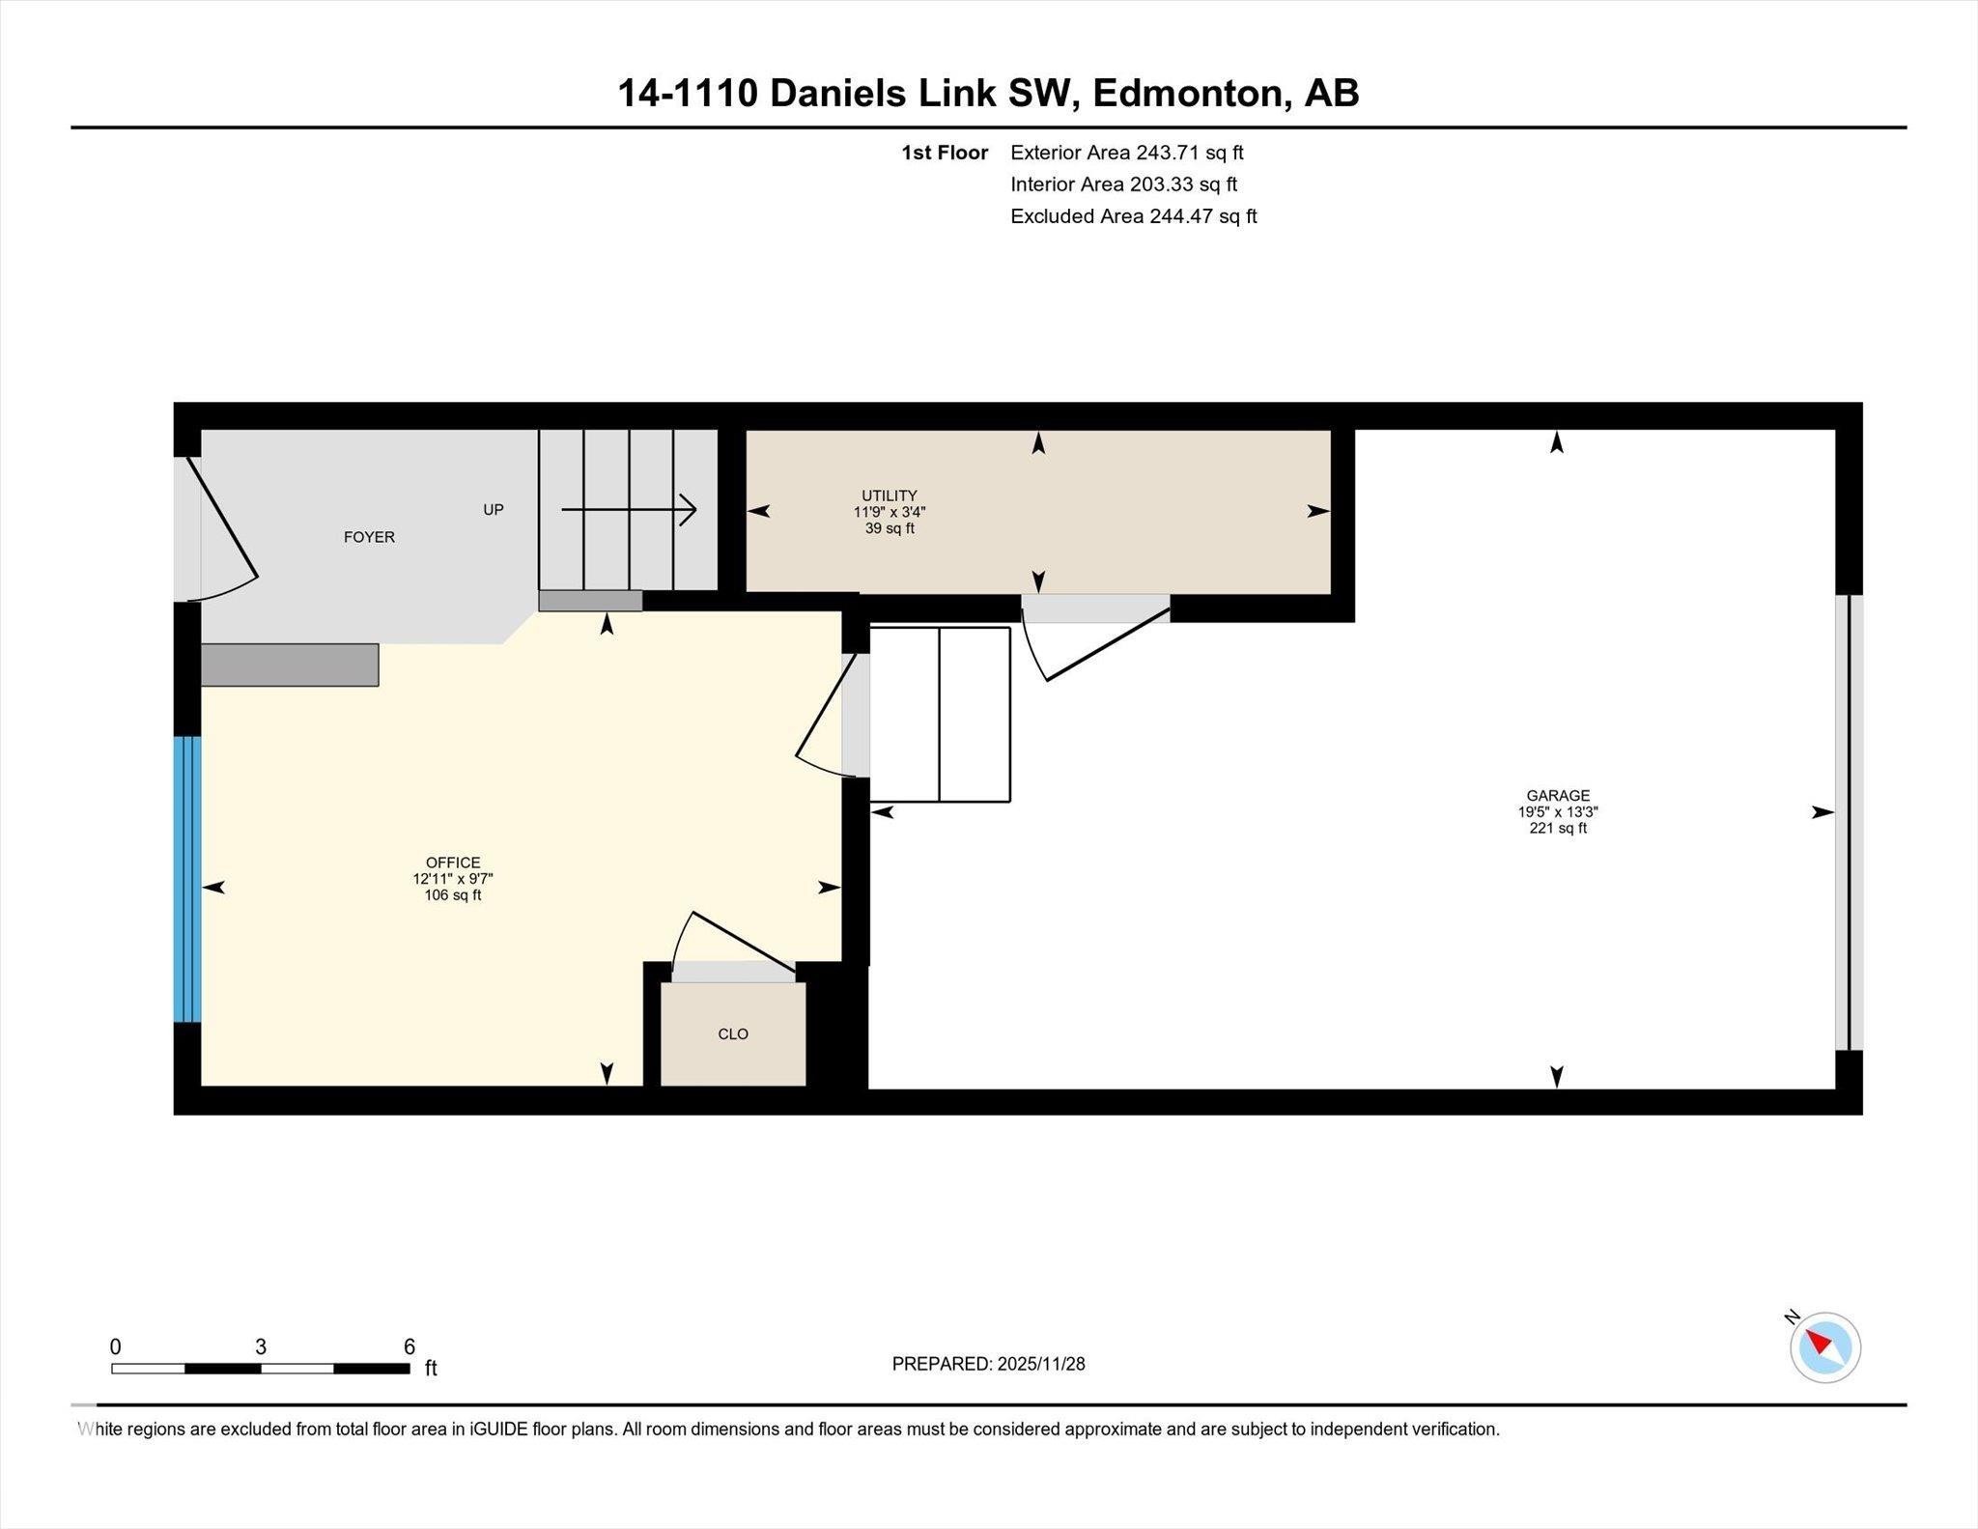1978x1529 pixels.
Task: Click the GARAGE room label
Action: pyautogui.click(x=1557, y=796)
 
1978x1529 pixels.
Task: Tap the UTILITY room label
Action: pyautogui.click(x=889, y=496)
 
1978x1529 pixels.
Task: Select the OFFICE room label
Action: pyautogui.click(x=452, y=863)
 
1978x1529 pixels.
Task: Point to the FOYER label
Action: pyautogui.click(x=369, y=537)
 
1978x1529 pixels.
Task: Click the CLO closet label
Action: pyautogui.click(x=733, y=1033)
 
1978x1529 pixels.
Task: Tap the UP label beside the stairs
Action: pyautogui.click(x=493, y=509)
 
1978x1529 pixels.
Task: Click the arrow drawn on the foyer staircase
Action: pyautogui.click(x=629, y=509)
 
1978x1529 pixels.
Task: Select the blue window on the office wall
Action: pyautogui.click(x=187, y=878)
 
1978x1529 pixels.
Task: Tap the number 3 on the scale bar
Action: pyautogui.click(x=261, y=1346)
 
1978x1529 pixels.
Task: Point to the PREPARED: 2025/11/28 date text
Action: pyautogui.click(x=988, y=1364)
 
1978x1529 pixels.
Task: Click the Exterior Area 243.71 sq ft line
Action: pyautogui.click(x=1126, y=153)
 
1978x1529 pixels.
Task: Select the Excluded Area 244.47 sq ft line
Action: pyautogui.click(x=1133, y=216)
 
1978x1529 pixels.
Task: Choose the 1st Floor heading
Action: pyautogui.click(x=944, y=153)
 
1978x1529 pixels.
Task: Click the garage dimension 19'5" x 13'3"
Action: pyautogui.click(x=1557, y=812)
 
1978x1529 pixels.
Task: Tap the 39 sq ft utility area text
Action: pyautogui.click(x=889, y=528)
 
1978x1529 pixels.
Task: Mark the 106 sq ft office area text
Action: pyautogui.click(x=452, y=895)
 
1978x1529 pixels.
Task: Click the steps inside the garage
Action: pyautogui.click(x=940, y=715)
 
